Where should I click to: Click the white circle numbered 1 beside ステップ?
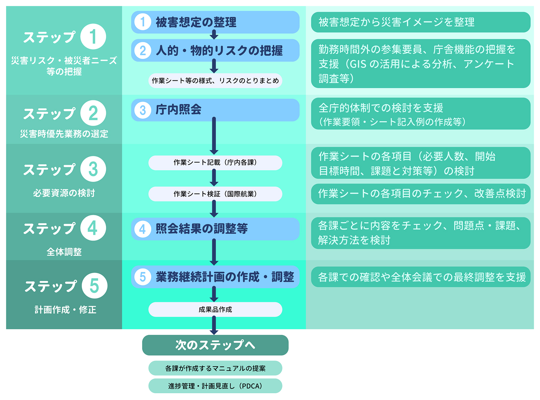pos(93,36)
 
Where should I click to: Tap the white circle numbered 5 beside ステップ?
pos(94,286)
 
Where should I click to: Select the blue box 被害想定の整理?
pos(215,22)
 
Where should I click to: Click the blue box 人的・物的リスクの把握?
pos(215,50)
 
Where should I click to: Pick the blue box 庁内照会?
pos(215,110)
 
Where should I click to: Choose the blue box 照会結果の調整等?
pos(215,229)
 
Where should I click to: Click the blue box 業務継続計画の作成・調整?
pos(215,277)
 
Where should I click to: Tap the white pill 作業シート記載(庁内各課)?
pos(215,162)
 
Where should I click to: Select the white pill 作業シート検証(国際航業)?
pos(215,194)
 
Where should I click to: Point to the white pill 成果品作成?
pos(215,309)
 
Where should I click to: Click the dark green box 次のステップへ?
pos(215,345)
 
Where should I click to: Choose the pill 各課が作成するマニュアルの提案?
pos(215,368)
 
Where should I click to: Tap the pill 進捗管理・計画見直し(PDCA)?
pos(215,386)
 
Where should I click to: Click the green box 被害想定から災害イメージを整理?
pos(421,22)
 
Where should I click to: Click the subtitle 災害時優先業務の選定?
pos(64,134)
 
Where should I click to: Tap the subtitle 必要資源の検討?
pos(64,193)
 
